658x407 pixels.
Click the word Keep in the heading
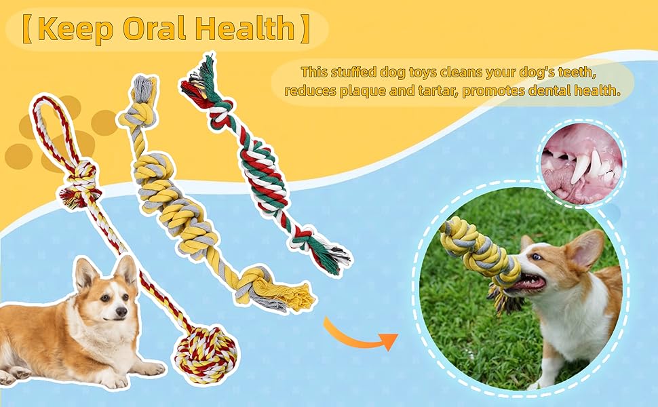tap(75, 28)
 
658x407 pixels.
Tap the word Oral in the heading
tap(155, 28)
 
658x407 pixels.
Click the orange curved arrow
tap(360, 335)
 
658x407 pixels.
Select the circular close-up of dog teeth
tap(581, 164)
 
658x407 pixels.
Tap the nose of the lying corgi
tap(121, 311)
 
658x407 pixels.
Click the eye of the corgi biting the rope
tap(537, 257)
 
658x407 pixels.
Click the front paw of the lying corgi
tap(152, 368)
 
